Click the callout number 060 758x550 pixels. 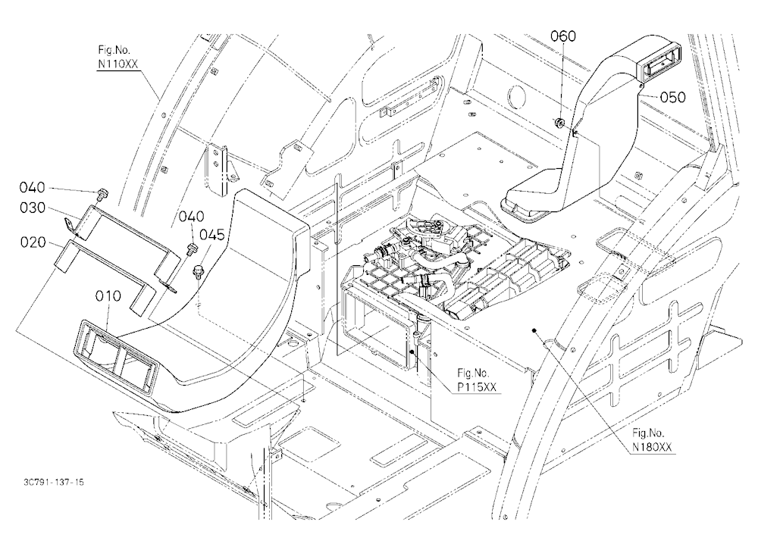(x=563, y=36)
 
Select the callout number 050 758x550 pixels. (x=672, y=97)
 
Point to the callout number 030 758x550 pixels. (x=33, y=208)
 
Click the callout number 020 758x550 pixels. (x=33, y=242)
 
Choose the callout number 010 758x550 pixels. (x=108, y=295)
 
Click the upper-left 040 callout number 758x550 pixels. (x=33, y=187)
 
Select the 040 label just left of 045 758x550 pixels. (x=192, y=216)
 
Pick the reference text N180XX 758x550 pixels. (x=652, y=447)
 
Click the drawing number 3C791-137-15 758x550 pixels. (x=53, y=482)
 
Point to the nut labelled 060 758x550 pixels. (x=559, y=123)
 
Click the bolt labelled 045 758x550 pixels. (x=198, y=271)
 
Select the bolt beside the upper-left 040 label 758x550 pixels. (x=102, y=194)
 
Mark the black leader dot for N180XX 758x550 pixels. (x=534, y=330)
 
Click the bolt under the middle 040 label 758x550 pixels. (x=190, y=250)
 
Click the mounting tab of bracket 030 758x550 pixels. (x=70, y=223)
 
